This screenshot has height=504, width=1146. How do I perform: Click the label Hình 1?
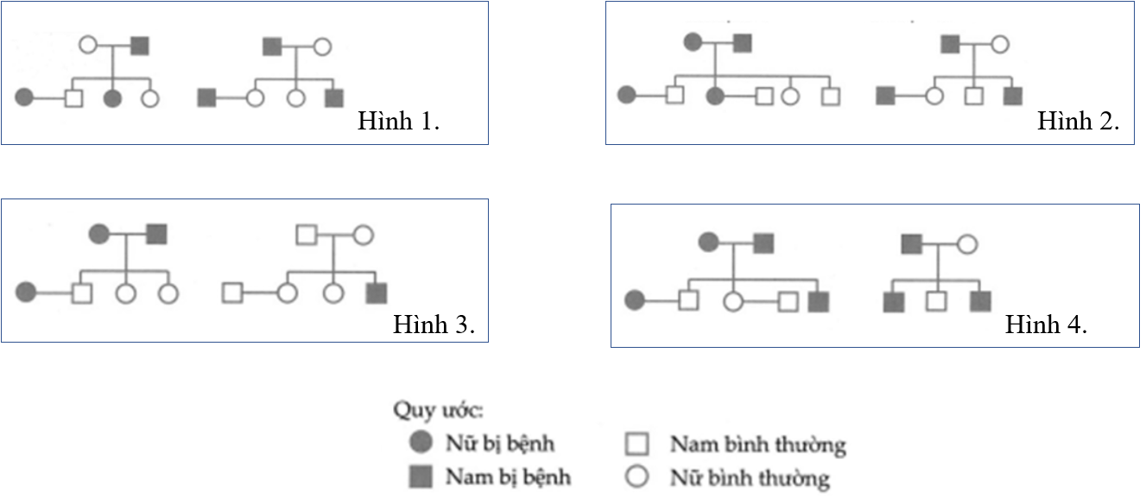[x=399, y=122]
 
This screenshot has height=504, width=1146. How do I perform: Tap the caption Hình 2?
[x=1079, y=122]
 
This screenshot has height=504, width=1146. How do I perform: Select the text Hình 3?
[x=434, y=325]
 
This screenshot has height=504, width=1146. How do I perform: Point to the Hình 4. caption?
[x=1046, y=325]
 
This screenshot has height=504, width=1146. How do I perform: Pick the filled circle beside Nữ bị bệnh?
[x=421, y=444]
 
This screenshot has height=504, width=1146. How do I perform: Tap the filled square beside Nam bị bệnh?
[x=421, y=476]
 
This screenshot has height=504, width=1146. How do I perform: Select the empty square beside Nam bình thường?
[x=636, y=444]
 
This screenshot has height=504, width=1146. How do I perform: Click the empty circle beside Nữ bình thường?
[x=636, y=476]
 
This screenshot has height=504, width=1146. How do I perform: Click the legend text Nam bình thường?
[x=757, y=445]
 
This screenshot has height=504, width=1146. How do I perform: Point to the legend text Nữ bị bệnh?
[x=500, y=444]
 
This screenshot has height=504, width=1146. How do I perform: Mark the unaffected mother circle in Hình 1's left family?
[x=88, y=45]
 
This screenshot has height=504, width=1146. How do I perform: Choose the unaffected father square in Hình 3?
[x=307, y=234]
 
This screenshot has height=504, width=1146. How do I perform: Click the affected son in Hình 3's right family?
[x=376, y=293]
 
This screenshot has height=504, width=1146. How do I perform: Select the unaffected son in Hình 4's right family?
[x=936, y=301]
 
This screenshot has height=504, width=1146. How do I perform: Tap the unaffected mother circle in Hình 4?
[x=967, y=244]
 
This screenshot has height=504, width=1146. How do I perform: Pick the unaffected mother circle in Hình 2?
[x=999, y=43]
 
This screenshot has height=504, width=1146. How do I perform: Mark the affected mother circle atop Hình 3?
[x=99, y=233]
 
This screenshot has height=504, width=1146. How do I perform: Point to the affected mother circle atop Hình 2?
[x=693, y=41]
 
